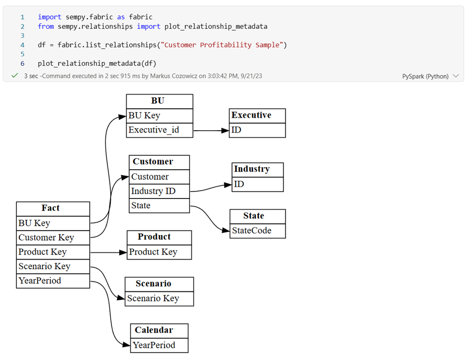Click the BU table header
point(159,101)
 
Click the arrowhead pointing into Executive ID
point(225,130)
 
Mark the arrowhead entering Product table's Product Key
point(123,252)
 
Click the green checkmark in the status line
point(15,76)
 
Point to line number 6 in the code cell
point(22,63)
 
